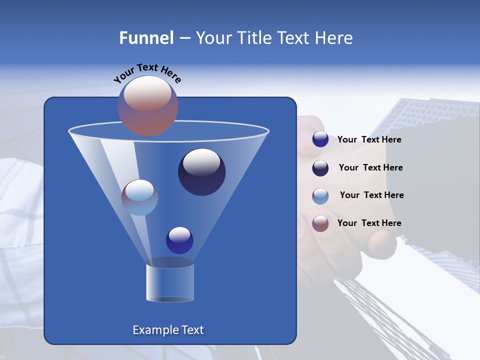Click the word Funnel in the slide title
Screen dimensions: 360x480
point(146,38)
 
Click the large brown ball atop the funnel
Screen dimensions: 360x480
point(147,105)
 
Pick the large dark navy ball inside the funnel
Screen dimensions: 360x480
point(201,172)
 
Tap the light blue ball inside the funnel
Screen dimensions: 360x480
point(139,197)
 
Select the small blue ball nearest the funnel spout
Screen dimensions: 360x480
point(179,240)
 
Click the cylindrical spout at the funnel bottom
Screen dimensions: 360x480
point(170,282)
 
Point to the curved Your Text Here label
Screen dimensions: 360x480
point(147,73)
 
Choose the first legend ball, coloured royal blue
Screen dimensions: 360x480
point(320,139)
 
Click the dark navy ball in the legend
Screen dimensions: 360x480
point(320,168)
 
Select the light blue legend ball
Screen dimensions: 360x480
point(320,196)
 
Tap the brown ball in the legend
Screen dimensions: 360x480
point(320,223)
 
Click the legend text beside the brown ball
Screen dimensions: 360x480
point(369,223)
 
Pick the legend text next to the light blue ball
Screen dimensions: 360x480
point(371,195)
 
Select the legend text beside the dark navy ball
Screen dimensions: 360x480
point(370,167)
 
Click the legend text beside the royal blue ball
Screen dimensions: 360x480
point(369,139)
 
